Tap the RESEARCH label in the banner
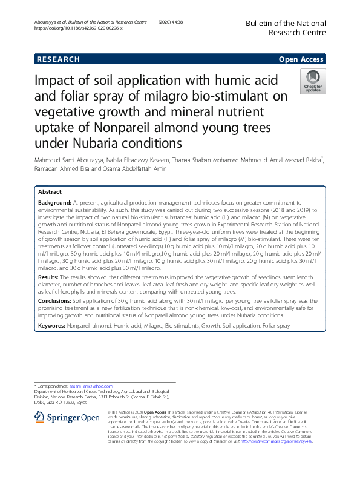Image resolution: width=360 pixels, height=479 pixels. point(58,59)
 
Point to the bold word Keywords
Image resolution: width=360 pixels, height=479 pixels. point(51,326)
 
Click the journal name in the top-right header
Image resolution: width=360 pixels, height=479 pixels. point(285,27)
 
